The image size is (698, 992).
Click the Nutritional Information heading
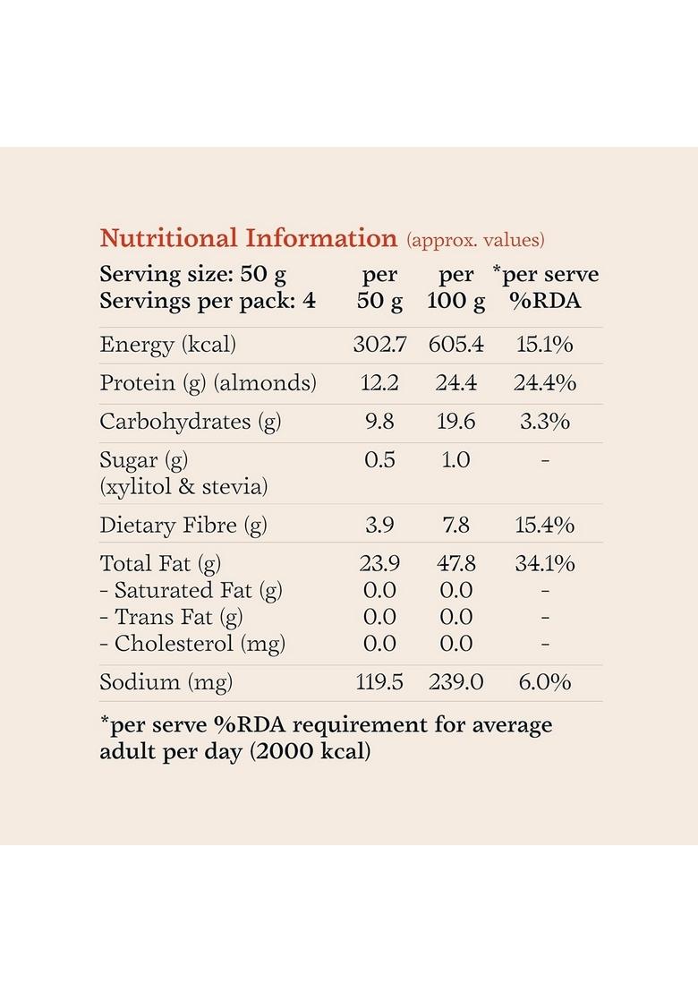[x=248, y=238]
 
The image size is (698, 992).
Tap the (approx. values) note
[x=475, y=240]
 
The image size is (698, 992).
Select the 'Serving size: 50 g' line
[x=193, y=274]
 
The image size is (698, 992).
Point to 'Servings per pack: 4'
[x=208, y=301]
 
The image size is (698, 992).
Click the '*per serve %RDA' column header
[x=545, y=287]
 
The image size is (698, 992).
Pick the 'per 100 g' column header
[x=455, y=287]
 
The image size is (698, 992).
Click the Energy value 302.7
[x=379, y=345]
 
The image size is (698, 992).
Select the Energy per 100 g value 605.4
[x=456, y=345]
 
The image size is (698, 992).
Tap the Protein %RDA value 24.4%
[x=545, y=383]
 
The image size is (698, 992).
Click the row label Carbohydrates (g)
[x=191, y=422]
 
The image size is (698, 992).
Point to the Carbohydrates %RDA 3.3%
[x=545, y=422]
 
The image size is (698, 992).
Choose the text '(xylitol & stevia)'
[x=183, y=487]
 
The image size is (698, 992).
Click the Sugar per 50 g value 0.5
[x=379, y=460]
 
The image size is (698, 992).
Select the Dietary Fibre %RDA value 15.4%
[x=545, y=525]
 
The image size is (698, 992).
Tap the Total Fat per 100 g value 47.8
[x=456, y=564]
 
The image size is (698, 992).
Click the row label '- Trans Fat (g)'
[x=171, y=617]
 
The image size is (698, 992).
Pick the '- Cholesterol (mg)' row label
[x=192, y=644]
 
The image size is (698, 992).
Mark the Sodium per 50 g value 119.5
[x=379, y=682]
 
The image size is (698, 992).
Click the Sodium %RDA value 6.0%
[x=545, y=682]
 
